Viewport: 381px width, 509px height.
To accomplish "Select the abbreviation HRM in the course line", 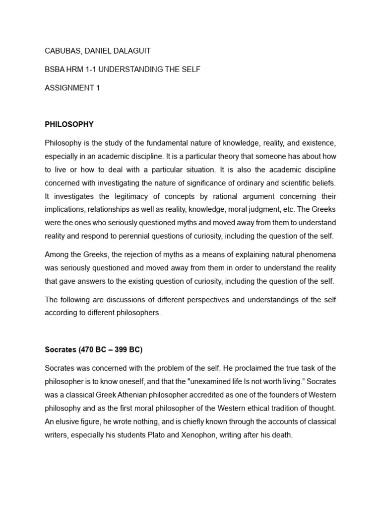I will pos(75,70).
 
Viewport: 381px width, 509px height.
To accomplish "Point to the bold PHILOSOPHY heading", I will pos(69,124).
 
